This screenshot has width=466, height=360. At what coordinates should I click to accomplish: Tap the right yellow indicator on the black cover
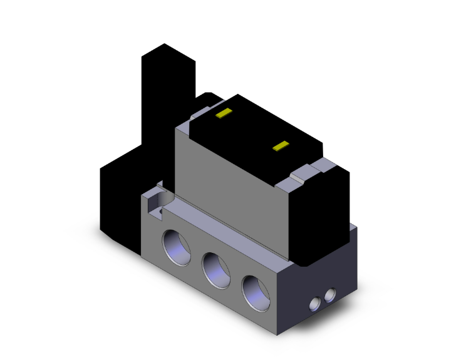tap(280, 147)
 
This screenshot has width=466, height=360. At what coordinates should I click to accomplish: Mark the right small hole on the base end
tap(329, 294)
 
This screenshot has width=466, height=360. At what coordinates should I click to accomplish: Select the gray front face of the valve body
tap(232, 188)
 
